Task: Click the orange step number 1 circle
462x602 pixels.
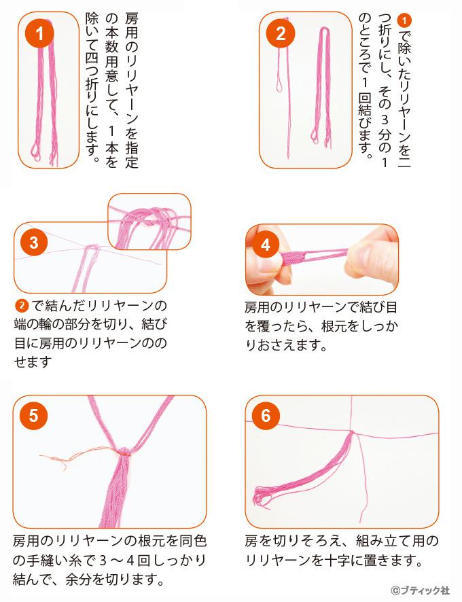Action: [x=39, y=34]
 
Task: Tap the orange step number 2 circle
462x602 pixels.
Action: [x=281, y=33]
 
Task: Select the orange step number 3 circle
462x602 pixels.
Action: [x=34, y=243]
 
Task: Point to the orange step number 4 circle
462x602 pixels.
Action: [x=266, y=245]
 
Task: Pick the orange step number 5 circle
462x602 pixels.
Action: [x=33, y=415]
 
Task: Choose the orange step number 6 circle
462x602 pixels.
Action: [x=266, y=415]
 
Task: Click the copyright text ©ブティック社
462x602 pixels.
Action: [x=421, y=590]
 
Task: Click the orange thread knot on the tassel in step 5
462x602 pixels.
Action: [x=124, y=453]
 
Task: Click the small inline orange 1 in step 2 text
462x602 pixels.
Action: [x=404, y=21]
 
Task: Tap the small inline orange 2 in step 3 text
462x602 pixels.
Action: [x=22, y=306]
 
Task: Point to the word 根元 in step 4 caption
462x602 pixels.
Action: [x=331, y=326]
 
